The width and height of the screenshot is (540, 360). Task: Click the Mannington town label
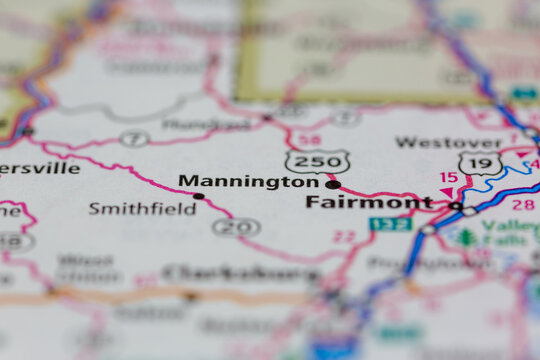(x=248, y=182)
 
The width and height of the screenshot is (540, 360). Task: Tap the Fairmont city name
(x=369, y=202)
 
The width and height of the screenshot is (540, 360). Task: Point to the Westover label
(x=447, y=143)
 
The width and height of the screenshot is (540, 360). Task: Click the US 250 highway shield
(x=317, y=162)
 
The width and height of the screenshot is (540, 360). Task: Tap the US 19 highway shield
(x=480, y=163)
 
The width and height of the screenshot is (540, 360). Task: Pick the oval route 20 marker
(x=237, y=227)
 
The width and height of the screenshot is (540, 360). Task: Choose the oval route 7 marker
(x=135, y=138)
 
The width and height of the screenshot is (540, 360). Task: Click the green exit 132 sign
(x=390, y=224)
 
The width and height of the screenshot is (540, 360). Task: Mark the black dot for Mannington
(x=333, y=184)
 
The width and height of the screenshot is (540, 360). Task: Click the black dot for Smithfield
(x=198, y=196)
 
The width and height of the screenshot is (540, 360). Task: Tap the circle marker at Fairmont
(x=456, y=206)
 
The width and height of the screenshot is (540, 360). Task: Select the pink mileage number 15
(x=449, y=178)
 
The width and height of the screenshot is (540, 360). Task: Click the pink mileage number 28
(x=522, y=204)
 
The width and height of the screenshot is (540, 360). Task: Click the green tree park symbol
(x=466, y=237)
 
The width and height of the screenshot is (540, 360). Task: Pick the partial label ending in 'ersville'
(x=39, y=168)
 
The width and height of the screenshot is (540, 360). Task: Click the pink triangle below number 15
(x=446, y=192)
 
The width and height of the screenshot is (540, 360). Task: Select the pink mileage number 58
(x=311, y=140)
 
